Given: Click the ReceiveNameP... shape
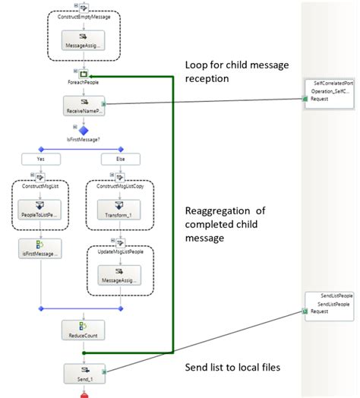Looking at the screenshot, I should pos(84,106).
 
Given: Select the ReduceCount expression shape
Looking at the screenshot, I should pos(84,330).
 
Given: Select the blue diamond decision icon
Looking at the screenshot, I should pos(84,130).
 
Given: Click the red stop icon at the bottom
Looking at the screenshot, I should pos(84,393).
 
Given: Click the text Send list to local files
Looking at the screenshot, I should pos(233,368).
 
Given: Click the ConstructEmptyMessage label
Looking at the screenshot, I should pos(84,15).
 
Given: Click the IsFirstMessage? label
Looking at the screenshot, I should pos(84,141).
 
